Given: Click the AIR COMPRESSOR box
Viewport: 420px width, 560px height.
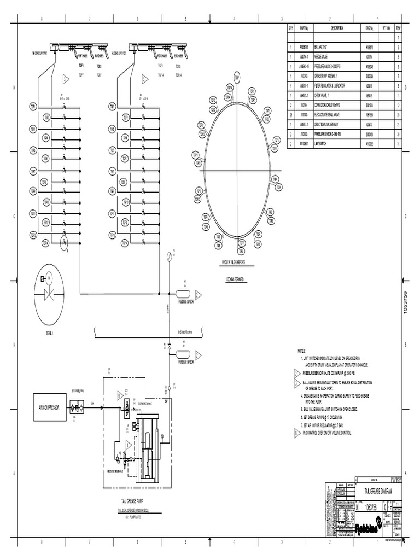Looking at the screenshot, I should point(51,408).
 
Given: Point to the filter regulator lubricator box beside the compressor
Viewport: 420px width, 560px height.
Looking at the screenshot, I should point(80,407).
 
